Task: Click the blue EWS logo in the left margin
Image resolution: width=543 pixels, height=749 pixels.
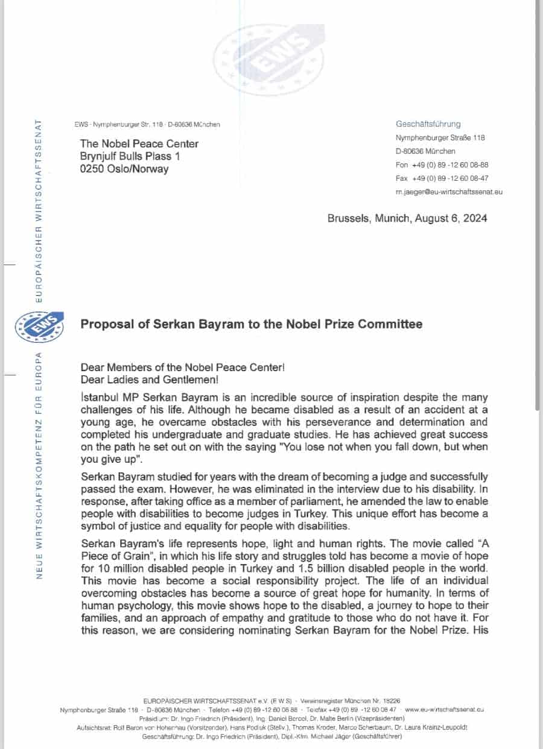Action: pos(39,327)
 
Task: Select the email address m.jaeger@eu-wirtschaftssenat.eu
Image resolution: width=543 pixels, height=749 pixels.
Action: pos(449,192)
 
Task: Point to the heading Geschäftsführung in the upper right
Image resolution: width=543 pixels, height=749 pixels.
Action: pos(428,124)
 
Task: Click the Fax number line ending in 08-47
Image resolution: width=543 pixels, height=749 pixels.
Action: pos(442,178)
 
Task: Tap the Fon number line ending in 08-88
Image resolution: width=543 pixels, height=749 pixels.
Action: pos(442,165)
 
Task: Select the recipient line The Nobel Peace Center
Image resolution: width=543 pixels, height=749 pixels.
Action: pos(139,143)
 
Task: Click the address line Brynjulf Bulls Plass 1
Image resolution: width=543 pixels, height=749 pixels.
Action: pos(130,156)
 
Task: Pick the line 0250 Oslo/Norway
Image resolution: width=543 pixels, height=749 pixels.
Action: pos(124,169)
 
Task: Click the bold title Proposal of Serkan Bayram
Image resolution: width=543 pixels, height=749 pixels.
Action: pos(251,324)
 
